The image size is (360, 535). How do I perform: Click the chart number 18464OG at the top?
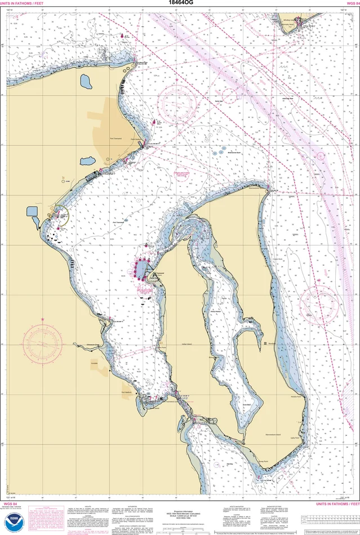(x=180, y=3)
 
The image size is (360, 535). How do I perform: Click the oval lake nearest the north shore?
(x=87, y=82)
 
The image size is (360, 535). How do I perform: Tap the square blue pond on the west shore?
(x=32, y=211)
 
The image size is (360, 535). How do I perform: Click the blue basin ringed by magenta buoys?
(x=141, y=270)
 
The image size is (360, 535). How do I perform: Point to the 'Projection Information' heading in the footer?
(x=180, y=505)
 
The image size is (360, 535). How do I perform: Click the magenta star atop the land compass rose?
(x=43, y=319)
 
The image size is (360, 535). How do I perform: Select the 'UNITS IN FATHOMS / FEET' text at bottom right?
(x=336, y=503)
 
